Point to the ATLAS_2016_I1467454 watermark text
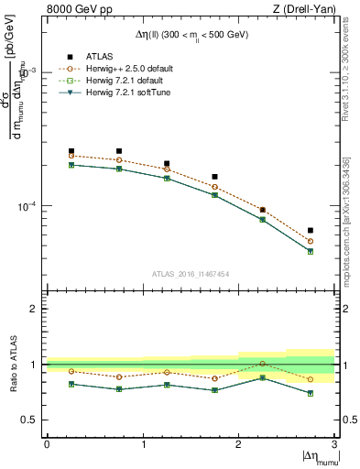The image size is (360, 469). (191, 274)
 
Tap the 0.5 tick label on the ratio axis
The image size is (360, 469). (31, 420)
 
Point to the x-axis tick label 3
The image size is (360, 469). (334, 444)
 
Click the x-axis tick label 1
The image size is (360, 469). (143, 444)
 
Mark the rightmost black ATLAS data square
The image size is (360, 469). (311, 231)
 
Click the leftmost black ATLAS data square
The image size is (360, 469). (71, 151)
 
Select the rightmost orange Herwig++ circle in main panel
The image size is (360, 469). (311, 241)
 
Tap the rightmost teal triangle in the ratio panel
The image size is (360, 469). (311, 394)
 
